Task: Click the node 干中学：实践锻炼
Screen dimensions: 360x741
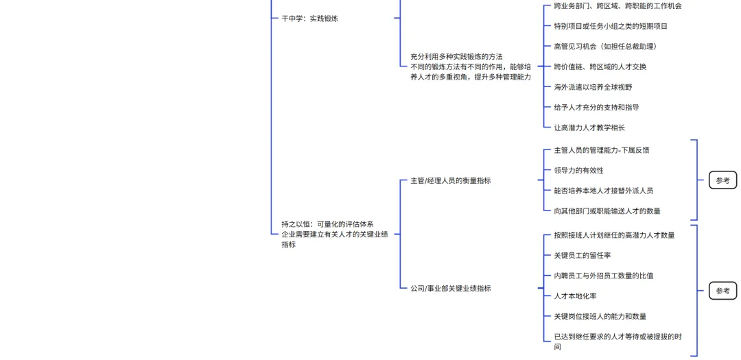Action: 309,19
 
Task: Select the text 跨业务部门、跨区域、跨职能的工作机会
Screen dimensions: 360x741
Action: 617,6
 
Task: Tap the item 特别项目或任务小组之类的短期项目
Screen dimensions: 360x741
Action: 610,26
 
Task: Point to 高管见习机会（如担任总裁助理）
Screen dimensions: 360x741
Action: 604,47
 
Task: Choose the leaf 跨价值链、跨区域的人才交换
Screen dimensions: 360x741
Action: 600,67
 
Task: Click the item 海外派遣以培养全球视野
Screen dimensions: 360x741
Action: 593,87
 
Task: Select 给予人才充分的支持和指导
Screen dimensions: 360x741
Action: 596,108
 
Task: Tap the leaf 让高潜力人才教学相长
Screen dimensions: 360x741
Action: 589,128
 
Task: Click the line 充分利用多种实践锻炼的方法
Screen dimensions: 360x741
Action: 456,56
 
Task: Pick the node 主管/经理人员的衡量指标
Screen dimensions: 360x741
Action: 450,181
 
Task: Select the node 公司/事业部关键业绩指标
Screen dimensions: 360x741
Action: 450,289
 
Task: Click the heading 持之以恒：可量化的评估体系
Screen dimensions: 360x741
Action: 327,224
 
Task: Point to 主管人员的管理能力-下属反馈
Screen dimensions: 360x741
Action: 601,150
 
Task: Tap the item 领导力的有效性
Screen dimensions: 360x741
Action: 578,171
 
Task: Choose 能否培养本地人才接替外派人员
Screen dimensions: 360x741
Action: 603,191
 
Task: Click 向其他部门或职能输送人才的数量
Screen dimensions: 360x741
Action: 607,211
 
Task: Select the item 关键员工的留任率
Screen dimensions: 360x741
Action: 582,256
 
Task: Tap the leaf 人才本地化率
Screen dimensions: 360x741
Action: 575,296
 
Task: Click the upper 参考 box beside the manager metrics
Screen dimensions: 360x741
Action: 722,180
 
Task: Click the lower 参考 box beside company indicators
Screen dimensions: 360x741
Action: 722,291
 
